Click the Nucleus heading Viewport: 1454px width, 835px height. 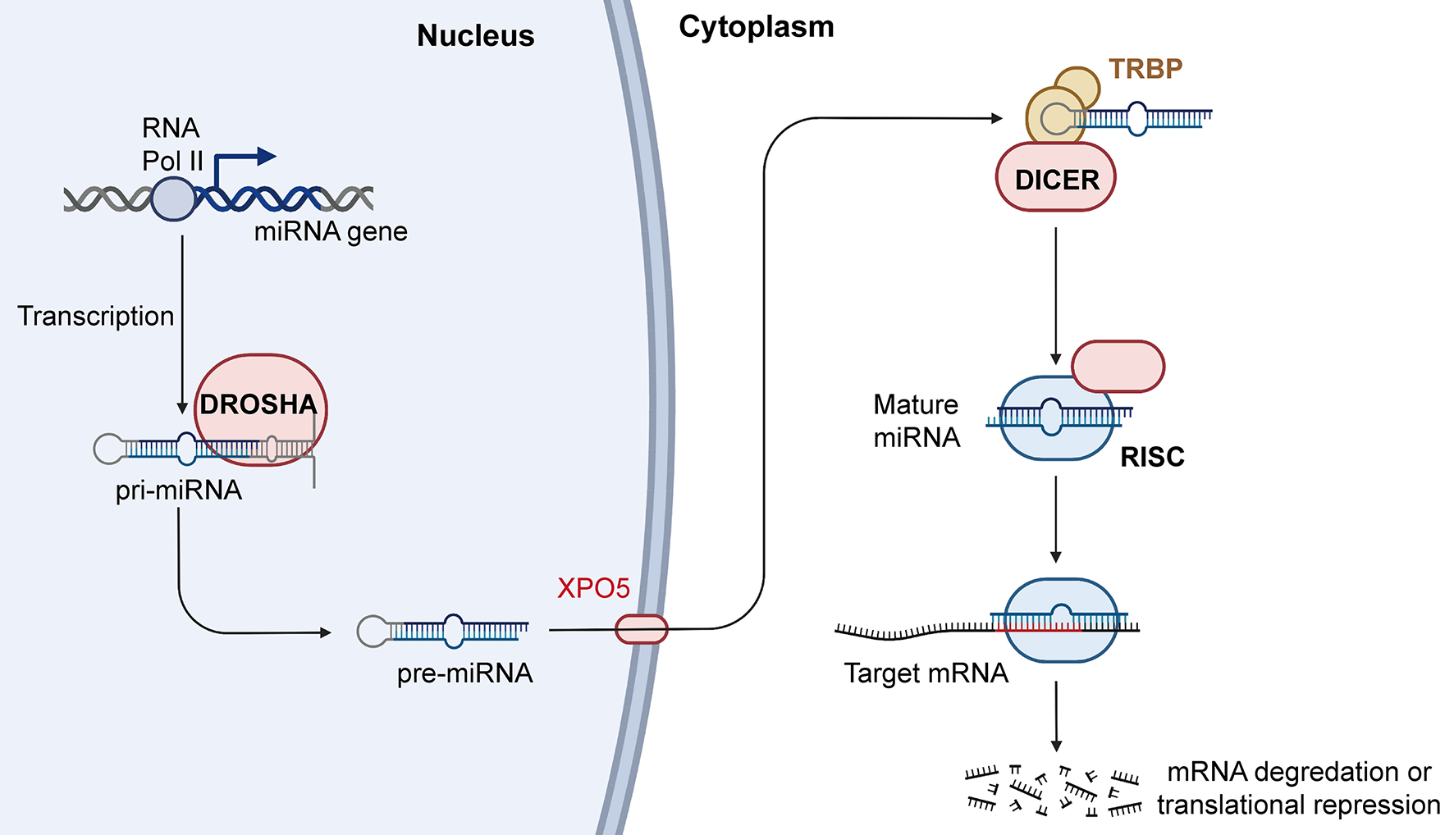(475, 35)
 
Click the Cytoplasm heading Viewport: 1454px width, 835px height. (756, 27)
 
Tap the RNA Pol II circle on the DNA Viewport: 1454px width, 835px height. (173, 198)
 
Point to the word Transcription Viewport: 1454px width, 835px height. (95, 316)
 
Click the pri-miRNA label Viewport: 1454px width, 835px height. (178, 490)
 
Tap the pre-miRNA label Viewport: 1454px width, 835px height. (464, 673)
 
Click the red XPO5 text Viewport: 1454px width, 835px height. (593, 588)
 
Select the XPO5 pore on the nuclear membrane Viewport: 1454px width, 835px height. (642, 629)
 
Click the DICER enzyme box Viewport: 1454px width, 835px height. (1055, 178)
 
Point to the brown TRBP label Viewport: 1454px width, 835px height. (1145, 69)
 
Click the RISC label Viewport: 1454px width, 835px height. (1152, 457)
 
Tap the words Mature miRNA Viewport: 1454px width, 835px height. (916, 421)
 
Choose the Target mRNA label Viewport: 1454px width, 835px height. (926, 673)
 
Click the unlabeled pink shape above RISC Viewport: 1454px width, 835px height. (1118, 366)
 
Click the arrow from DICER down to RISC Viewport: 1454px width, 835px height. (1055, 295)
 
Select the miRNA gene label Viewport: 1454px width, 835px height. (330, 232)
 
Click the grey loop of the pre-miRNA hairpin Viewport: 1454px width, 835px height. (372, 631)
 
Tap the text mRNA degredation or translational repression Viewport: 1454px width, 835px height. (1298, 788)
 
